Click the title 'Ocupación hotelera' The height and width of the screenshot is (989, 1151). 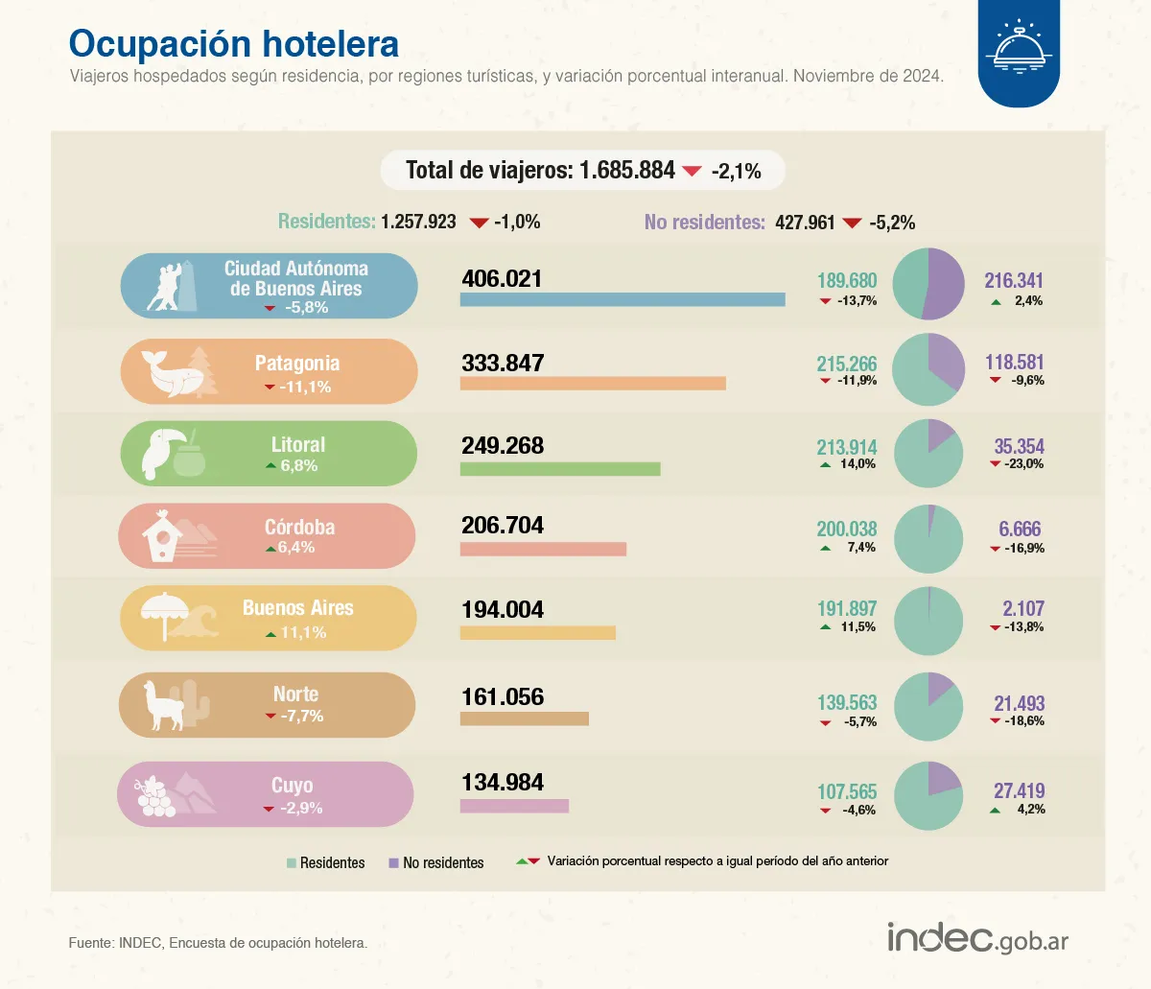(233, 44)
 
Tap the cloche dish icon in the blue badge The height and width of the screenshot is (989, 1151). (1019, 48)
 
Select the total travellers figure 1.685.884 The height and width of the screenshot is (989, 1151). (627, 171)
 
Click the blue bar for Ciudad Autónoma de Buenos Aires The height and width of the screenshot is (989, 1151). (622, 299)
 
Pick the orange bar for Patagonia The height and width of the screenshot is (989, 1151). (592, 384)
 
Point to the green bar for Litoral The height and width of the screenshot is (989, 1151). (559, 469)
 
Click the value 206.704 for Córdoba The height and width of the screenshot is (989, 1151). (502, 526)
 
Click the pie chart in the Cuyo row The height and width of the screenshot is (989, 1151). (928, 795)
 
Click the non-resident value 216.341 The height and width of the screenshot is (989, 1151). (1013, 281)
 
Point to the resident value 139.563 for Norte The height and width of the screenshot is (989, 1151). (846, 703)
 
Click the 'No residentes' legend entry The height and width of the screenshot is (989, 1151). (436, 863)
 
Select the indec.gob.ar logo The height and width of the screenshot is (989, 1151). (976, 938)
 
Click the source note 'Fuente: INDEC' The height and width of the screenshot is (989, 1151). (218, 943)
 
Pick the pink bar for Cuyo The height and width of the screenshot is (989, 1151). (514, 806)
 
